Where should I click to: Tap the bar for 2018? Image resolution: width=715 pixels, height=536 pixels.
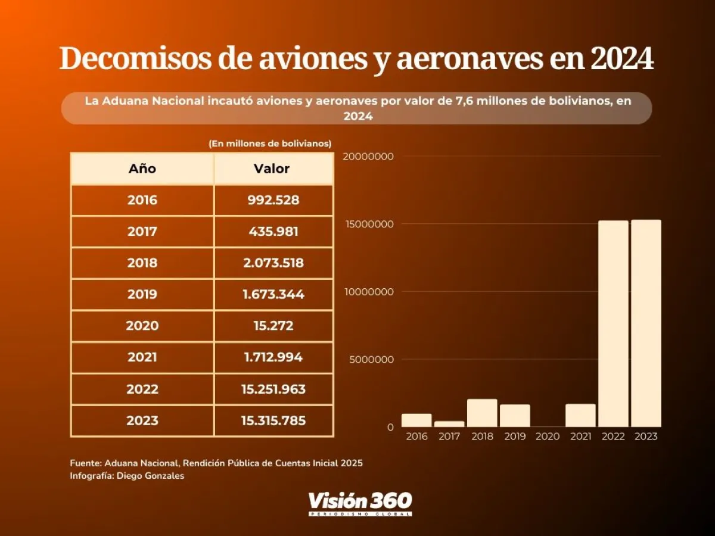[x=482, y=413]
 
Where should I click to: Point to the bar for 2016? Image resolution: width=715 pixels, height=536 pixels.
[x=416, y=420]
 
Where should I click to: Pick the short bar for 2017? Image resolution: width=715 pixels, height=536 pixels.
[x=449, y=424]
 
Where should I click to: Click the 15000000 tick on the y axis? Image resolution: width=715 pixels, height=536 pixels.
[x=369, y=224]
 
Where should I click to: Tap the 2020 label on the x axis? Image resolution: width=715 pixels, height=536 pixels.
[x=548, y=437]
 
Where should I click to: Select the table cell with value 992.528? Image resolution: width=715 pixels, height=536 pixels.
[x=273, y=200]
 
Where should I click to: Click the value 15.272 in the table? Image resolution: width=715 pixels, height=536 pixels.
[x=273, y=326]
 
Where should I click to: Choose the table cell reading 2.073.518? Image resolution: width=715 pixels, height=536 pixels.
[x=273, y=263]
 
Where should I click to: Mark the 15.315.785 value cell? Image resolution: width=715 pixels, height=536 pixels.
[x=273, y=420]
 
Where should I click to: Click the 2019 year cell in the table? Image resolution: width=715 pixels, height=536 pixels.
[x=142, y=294]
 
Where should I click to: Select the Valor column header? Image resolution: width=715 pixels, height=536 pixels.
[x=272, y=169]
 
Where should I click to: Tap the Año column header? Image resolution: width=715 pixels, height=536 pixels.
[x=142, y=169]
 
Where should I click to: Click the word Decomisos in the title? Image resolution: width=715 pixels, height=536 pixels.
[x=136, y=60]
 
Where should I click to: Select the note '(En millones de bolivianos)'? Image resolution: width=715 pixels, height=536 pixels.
[x=270, y=144]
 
